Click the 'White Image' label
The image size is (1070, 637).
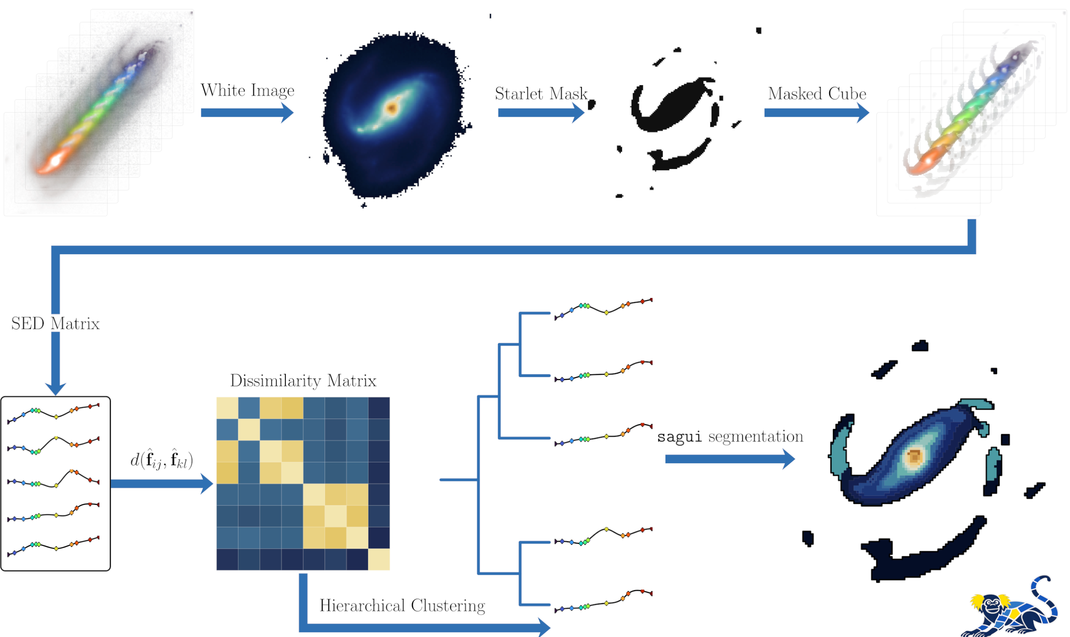pyautogui.click(x=247, y=91)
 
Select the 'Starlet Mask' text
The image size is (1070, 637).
pyautogui.click(x=541, y=94)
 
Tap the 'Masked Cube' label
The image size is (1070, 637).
pyautogui.click(x=817, y=94)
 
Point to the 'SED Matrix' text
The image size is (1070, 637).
pyautogui.click(x=55, y=324)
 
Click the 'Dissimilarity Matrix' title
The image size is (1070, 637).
pyautogui.click(x=303, y=381)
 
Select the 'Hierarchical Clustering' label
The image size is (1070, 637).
pyautogui.click(x=402, y=606)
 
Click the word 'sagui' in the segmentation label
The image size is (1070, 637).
pyautogui.click(x=679, y=437)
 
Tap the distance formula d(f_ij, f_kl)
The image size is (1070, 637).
pyautogui.click(x=161, y=460)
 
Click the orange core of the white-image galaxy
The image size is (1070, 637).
pyautogui.click(x=391, y=108)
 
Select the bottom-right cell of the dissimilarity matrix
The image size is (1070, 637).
pyautogui.click(x=379, y=559)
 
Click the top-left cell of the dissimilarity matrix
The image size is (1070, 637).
pyautogui.click(x=227, y=408)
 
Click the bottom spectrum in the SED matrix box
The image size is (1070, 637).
pyautogui.click(x=53, y=546)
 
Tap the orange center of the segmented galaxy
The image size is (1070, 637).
pyautogui.click(x=914, y=457)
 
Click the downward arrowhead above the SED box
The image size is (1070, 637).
pyautogui.click(x=56, y=388)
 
